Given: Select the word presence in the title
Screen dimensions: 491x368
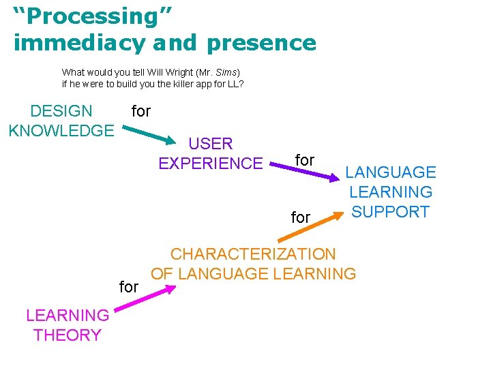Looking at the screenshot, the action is [261, 43].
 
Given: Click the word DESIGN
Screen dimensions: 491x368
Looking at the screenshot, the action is [61, 111].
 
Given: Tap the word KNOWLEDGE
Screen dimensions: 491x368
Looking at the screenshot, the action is [61, 129].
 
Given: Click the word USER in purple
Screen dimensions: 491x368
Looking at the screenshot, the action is [211, 144].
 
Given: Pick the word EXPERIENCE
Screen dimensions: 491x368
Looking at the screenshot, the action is [211, 164].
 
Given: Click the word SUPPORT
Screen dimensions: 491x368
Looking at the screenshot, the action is [390, 212].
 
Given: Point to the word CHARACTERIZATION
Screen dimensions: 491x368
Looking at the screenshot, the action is [253, 254].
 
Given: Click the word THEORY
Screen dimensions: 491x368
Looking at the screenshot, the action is [67, 335].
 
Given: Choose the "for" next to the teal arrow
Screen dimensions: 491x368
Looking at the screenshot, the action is [140, 111].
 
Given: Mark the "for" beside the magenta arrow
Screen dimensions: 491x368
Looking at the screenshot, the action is [129, 287].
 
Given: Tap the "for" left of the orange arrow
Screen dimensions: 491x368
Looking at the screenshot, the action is [301, 217].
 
